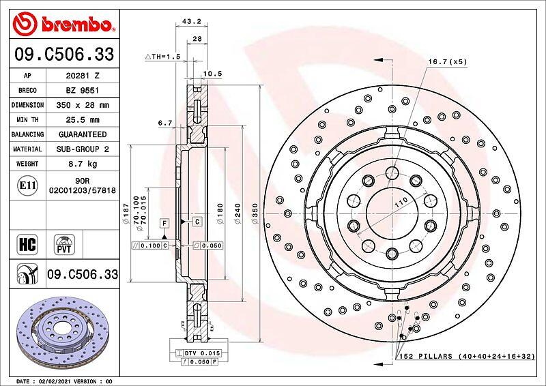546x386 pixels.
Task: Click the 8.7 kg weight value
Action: (x=83, y=164)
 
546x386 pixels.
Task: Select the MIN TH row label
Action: (x=27, y=120)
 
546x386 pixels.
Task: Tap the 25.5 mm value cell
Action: (x=83, y=120)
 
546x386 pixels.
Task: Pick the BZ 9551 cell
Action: (x=83, y=91)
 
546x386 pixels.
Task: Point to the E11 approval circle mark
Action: (x=27, y=185)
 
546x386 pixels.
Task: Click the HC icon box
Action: (x=27, y=244)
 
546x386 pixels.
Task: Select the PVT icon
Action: (x=64, y=244)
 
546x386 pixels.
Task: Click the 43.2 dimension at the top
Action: (x=192, y=21)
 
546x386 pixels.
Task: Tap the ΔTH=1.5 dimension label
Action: (x=162, y=57)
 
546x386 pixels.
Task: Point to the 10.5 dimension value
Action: (x=212, y=74)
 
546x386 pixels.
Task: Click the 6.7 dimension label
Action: (x=165, y=123)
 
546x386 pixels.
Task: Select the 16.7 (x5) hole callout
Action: (x=448, y=61)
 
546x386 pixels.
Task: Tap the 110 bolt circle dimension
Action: (x=401, y=202)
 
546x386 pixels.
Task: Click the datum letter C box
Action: (x=197, y=222)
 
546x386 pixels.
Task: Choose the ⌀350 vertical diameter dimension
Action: (x=255, y=213)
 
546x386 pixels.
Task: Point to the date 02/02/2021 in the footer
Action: (x=54, y=381)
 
